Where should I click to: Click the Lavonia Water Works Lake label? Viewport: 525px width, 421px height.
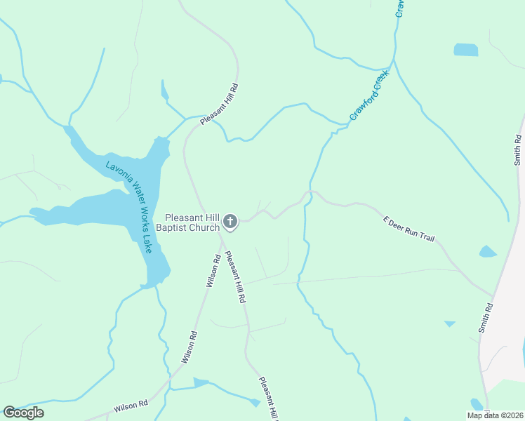(x=129, y=207)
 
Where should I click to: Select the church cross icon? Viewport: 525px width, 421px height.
(x=230, y=223)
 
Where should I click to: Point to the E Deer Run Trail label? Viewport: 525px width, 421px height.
(x=409, y=229)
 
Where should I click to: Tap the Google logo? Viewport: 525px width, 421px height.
(x=23, y=413)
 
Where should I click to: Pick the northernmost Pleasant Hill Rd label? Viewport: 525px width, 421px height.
(x=220, y=105)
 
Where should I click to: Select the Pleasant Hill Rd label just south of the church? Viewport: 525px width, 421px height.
(x=235, y=277)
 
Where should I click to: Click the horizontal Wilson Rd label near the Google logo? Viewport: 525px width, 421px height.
(x=131, y=405)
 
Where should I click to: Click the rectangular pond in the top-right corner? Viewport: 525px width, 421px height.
(x=465, y=50)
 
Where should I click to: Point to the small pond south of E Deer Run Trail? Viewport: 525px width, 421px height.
(x=488, y=251)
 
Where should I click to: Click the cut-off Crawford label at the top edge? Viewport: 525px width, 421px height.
(x=401, y=8)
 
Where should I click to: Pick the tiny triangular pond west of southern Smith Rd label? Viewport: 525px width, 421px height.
(x=449, y=323)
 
